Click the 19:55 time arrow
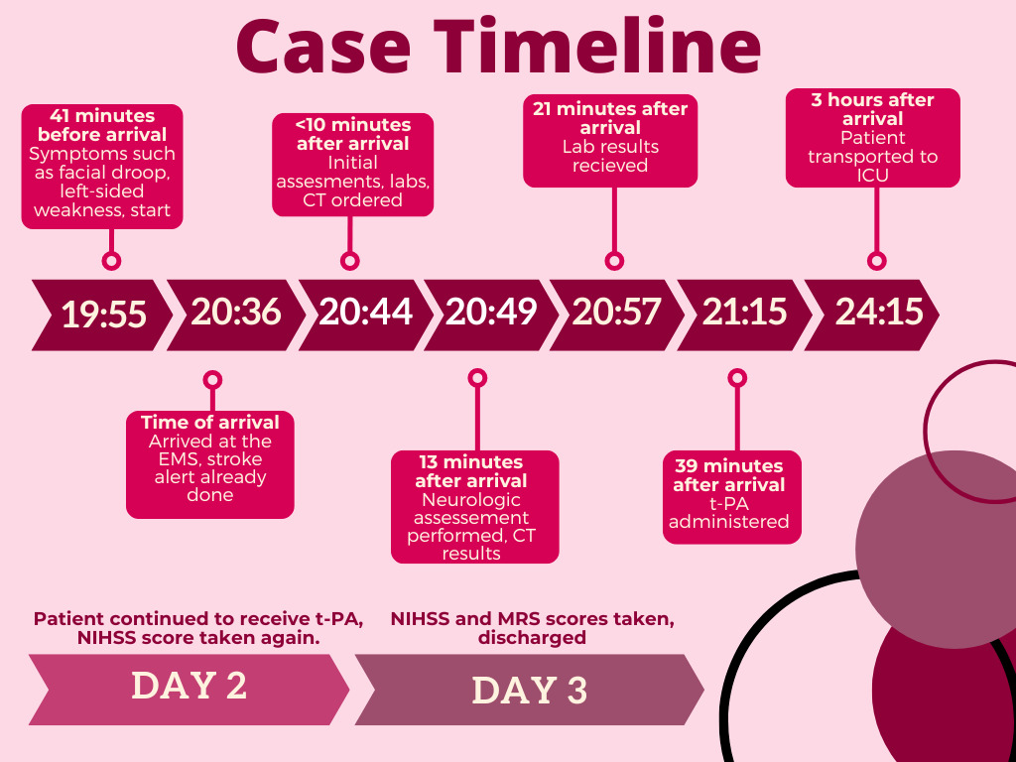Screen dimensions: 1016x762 click(x=103, y=315)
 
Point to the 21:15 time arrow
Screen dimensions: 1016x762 click(x=744, y=315)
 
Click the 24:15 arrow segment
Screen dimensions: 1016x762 click(x=871, y=315)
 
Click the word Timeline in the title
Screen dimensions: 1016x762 click(x=596, y=47)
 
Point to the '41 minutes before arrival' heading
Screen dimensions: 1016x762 click(x=102, y=125)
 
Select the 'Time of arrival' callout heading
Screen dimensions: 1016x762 click(x=210, y=423)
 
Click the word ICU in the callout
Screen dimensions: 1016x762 click(x=873, y=175)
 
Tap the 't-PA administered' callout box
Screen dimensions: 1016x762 click(x=732, y=497)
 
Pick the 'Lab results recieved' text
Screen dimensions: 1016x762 click(x=610, y=156)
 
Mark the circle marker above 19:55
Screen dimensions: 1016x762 click(x=111, y=261)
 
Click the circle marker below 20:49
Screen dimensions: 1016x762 click(x=477, y=378)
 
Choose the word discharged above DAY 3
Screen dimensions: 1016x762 click(x=532, y=638)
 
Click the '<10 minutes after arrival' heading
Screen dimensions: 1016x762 click(x=353, y=134)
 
